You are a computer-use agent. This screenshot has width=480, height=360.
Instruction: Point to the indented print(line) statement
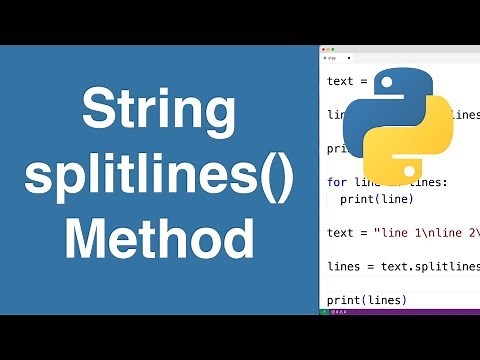point(372,199)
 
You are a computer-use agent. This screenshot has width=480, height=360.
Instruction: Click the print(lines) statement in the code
point(366,300)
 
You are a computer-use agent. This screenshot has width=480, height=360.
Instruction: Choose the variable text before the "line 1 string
point(341,233)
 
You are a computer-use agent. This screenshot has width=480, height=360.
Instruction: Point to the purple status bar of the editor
point(400,311)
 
